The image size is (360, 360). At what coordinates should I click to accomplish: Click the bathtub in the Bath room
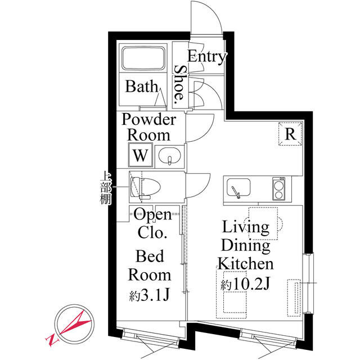143,58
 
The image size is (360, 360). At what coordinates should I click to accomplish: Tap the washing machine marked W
141,155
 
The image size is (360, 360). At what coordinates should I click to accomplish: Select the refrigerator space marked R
290,134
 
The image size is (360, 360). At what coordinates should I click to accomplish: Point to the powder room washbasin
170,156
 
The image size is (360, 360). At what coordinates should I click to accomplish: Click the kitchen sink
238,188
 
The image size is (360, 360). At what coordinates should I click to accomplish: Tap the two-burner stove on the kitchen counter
279,188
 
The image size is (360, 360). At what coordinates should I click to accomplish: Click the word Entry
206,56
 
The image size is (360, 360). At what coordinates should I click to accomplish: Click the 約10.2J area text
245,285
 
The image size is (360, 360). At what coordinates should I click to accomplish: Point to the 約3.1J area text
150,295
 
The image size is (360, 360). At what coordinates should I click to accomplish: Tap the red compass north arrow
75,322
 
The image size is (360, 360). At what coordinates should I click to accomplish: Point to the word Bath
142,86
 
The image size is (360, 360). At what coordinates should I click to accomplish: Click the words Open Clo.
152,223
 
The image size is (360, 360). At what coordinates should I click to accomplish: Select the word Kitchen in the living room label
246,264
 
